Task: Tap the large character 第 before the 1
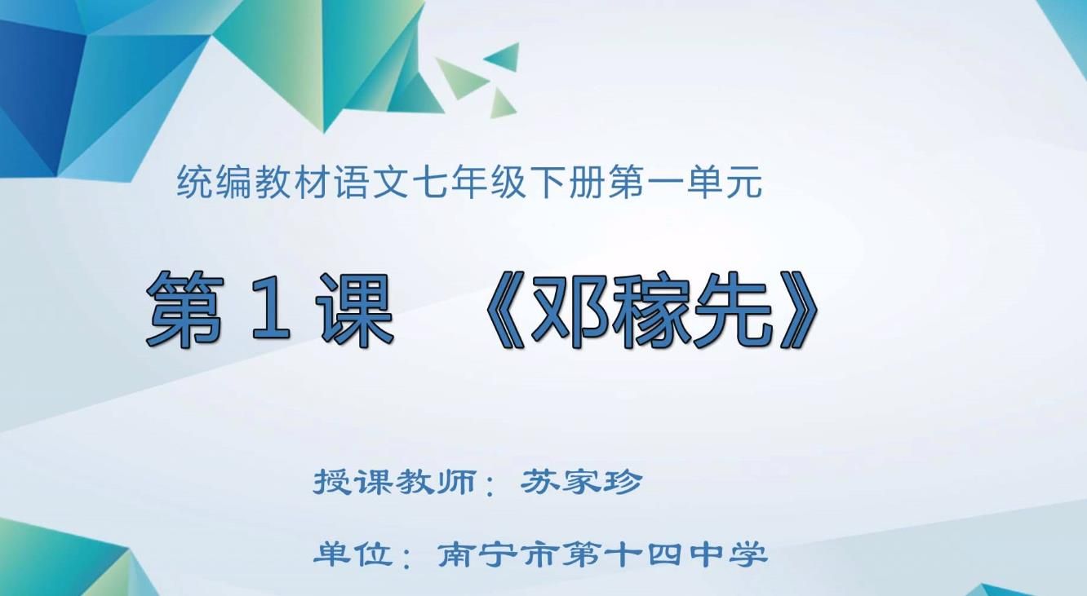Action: pyautogui.click(x=186, y=309)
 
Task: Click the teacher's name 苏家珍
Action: pyautogui.click(x=581, y=483)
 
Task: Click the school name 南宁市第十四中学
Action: pyautogui.click(x=602, y=554)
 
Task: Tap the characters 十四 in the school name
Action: pyautogui.click(x=666, y=554)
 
